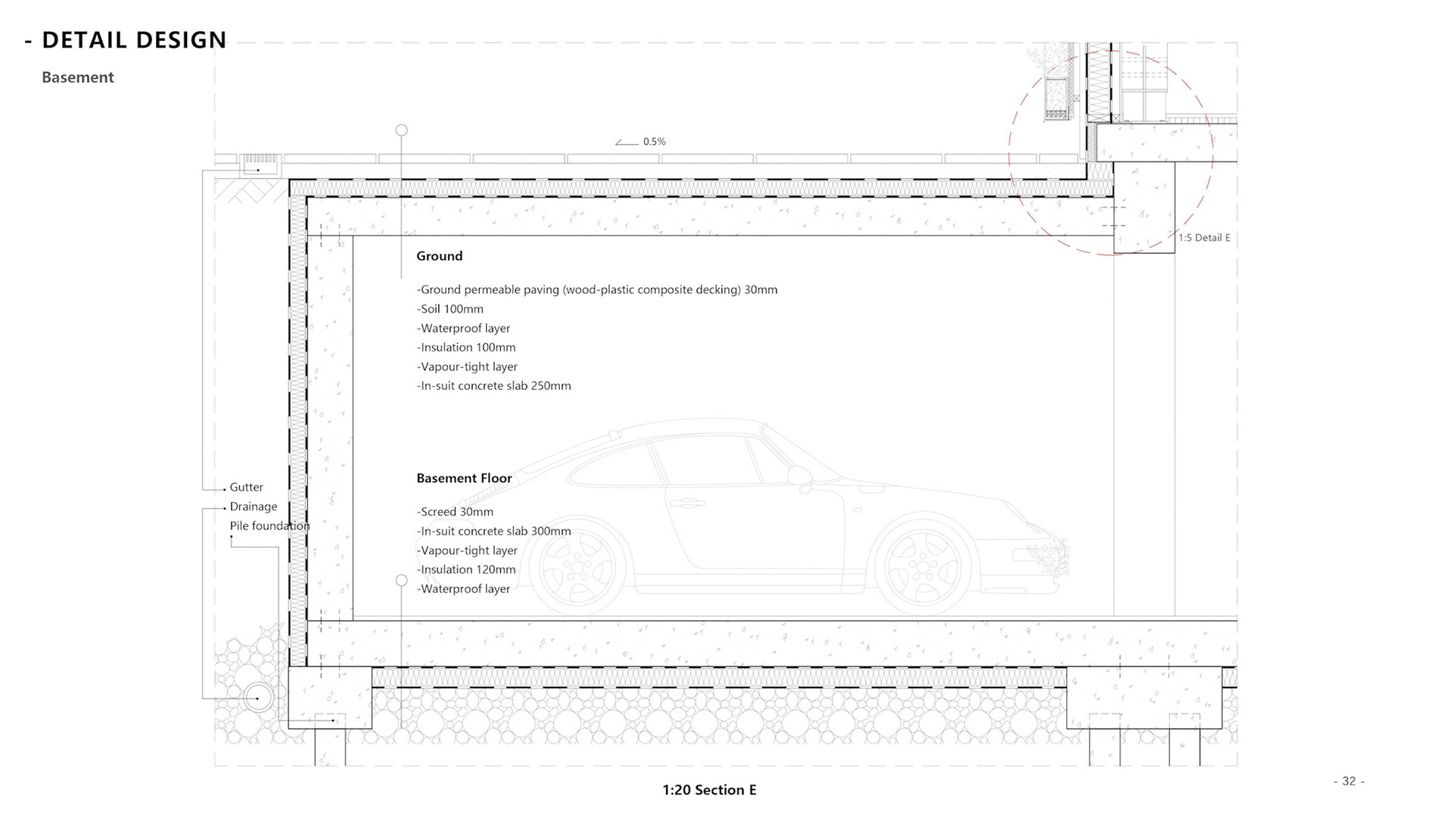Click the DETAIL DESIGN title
(133, 40)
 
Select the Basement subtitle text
(78, 77)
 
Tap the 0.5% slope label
(654, 142)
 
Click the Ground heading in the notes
(439, 256)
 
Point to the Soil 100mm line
(450, 309)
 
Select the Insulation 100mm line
(466, 348)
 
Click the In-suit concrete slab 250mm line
(493, 386)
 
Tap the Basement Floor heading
(464, 479)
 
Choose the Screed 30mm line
(455, 512)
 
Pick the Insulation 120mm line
(466, 570)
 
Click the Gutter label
(247, 487)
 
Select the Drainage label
(254, 507)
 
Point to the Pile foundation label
(269, 526)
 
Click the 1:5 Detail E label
(1204, 238)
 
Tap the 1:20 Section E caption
(709, 790)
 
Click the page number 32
(1349, 781)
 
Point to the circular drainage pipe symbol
(258, 698)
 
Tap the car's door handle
(690, 503)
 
